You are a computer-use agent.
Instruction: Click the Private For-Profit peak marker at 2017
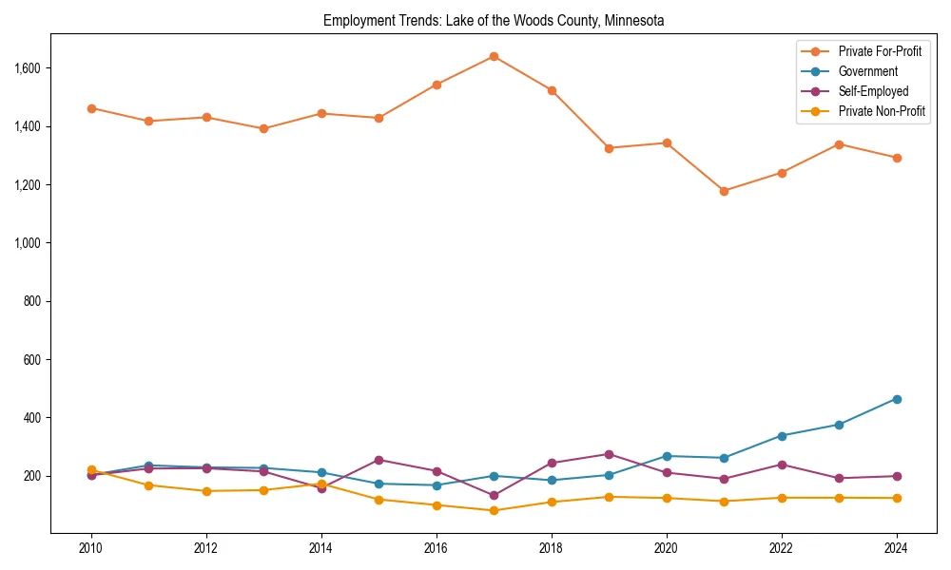coord(494,56)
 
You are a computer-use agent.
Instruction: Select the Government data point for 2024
coord(897,399)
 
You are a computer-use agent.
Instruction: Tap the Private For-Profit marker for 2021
coord(724,191)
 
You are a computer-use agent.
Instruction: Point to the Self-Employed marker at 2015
coord(378,460)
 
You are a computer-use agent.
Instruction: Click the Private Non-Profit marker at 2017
coord(494,510)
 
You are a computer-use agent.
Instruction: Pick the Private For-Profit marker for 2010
coord(91,108)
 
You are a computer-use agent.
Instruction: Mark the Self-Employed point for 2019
coord(609,454)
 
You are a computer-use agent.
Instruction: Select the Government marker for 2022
coord(782,436)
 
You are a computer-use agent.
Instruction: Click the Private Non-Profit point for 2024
coord(897,498)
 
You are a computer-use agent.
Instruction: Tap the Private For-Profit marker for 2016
coord(437,85)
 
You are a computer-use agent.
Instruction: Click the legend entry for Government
coord(867,71)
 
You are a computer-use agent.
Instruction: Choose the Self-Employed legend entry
coord(873,91)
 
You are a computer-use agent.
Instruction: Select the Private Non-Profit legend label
coord(882,111)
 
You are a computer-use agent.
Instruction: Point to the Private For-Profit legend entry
coord(880,51)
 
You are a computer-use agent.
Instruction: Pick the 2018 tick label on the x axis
coord(552,548)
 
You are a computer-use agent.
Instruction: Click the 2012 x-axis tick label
coord(206,548)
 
